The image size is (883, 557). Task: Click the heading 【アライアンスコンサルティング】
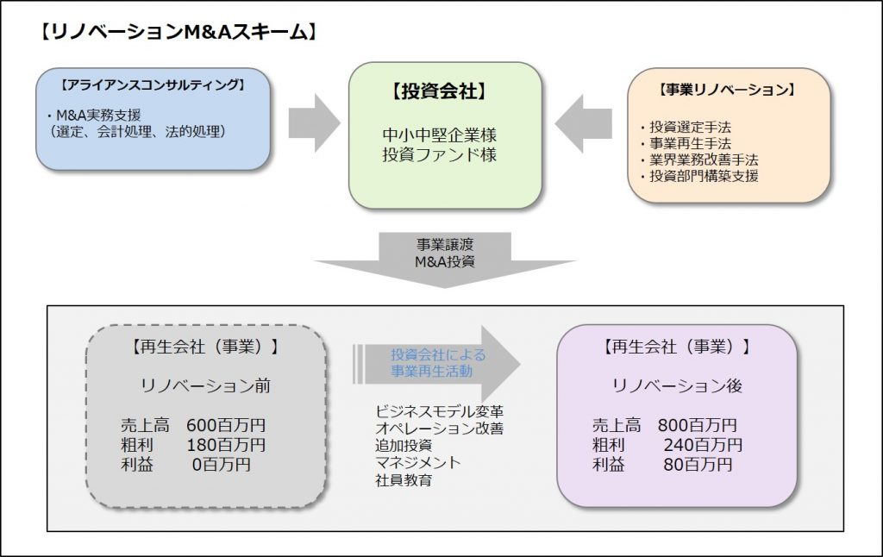click(153, 85)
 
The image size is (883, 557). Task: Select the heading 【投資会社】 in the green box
click(439, 91)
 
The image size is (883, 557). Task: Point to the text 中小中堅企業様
click(439, 135)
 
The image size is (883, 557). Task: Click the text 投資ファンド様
click(439, 155)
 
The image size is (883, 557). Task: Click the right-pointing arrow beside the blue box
click(314, 122)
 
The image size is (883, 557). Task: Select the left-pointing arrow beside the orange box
click(584, 123)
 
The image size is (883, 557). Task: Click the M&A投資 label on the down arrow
click(445, 262)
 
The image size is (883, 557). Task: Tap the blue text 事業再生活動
click(432, 371)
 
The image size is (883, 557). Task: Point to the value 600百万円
click(226, 425)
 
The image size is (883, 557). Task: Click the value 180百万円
click(226, 445)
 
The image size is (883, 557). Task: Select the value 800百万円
click(697, 425)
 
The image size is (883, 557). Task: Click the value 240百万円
click(703, 445)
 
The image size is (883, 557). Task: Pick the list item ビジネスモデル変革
click(439, 411)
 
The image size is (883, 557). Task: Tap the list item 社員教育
click(404, 480)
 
